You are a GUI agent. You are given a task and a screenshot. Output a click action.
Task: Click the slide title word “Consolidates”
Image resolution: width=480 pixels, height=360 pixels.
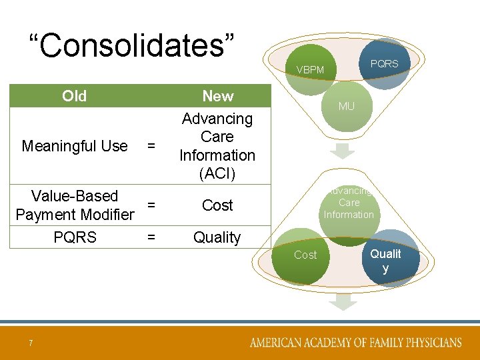tap(132, 46)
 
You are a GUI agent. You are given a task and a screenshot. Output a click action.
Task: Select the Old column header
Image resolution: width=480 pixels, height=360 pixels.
tap(74, 96)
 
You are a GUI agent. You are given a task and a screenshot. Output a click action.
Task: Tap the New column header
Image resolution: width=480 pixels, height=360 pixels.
tap(217, 96)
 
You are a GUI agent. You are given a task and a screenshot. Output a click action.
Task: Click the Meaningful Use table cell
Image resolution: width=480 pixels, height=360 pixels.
tap(75, 146)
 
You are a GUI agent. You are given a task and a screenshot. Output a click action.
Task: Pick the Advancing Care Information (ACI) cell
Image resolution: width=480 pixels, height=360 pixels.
tap(217, 146)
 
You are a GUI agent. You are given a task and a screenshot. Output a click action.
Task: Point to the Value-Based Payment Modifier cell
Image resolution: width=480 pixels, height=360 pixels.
tap(75, 205)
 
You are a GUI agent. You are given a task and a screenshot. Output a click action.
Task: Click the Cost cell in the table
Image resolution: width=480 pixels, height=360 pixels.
tap(217, 205)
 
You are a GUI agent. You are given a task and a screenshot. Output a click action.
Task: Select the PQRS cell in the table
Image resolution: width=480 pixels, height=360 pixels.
tap(75, 237)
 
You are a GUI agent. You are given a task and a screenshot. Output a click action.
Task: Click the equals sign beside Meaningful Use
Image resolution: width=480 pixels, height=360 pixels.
tap(151, 146)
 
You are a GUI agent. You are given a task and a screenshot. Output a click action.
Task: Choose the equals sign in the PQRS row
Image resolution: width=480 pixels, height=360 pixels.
tap(151, 237)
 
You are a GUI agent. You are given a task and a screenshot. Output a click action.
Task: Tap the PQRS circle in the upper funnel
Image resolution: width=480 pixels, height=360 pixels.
tap(384, 65)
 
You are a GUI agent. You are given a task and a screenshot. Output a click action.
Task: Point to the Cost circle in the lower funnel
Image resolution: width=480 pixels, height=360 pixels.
tap(306, 255)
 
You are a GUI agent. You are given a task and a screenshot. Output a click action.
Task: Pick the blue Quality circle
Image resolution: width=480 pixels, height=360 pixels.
tap(387, 259)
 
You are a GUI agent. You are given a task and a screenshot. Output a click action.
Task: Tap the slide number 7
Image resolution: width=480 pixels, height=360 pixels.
tap(30, 343)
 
